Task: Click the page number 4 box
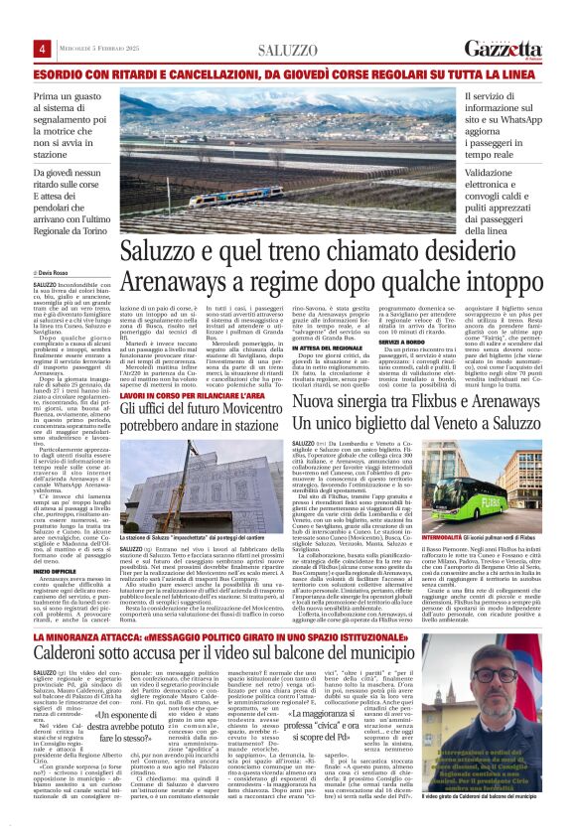(x=43, y=50)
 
